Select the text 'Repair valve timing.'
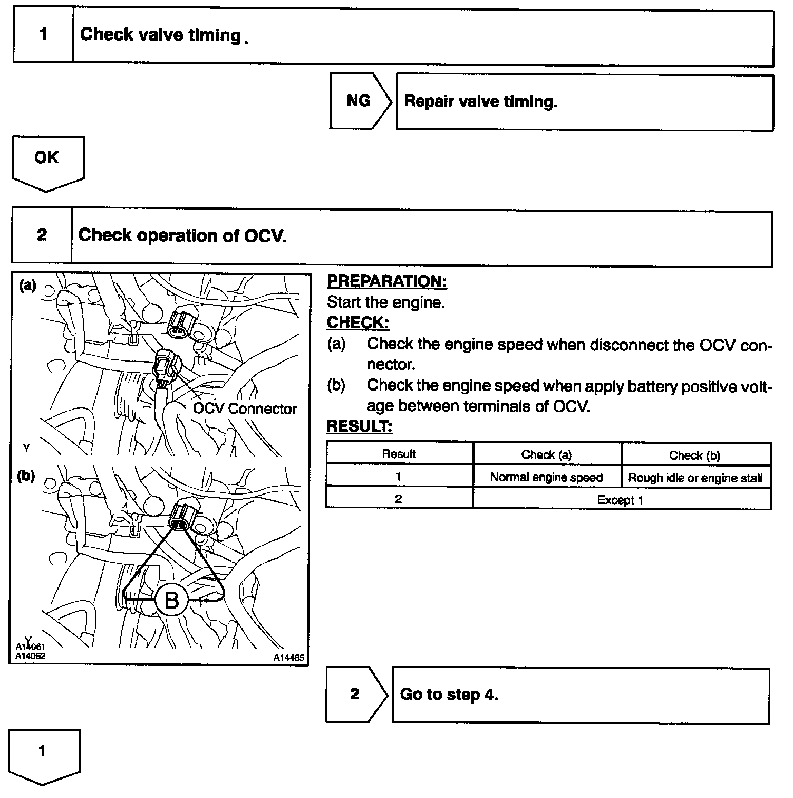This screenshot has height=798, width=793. (480, 101)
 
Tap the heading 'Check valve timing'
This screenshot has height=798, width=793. (160, 35)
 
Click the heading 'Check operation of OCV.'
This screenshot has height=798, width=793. (182, 235)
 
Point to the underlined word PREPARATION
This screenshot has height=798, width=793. (386, 281)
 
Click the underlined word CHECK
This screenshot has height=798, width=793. (357, 322)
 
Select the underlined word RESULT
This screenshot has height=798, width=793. (359, 426)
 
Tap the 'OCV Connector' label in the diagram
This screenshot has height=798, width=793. (245, 408)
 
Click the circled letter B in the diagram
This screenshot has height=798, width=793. (172, 600)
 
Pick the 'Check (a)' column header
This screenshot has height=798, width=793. (546, 454)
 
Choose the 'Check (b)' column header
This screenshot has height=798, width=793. (694, 455)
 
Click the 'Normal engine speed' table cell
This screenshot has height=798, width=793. (546, 477)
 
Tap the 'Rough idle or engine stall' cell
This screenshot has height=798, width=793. (695, 478)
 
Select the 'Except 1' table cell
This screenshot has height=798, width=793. (620, 500)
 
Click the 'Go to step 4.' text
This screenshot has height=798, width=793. (449, 694)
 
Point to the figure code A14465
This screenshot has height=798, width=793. (288, 658)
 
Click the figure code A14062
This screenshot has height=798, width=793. (30, 656)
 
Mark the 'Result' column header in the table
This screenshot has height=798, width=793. (399, 454)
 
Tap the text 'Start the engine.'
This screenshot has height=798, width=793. (386, 302)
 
